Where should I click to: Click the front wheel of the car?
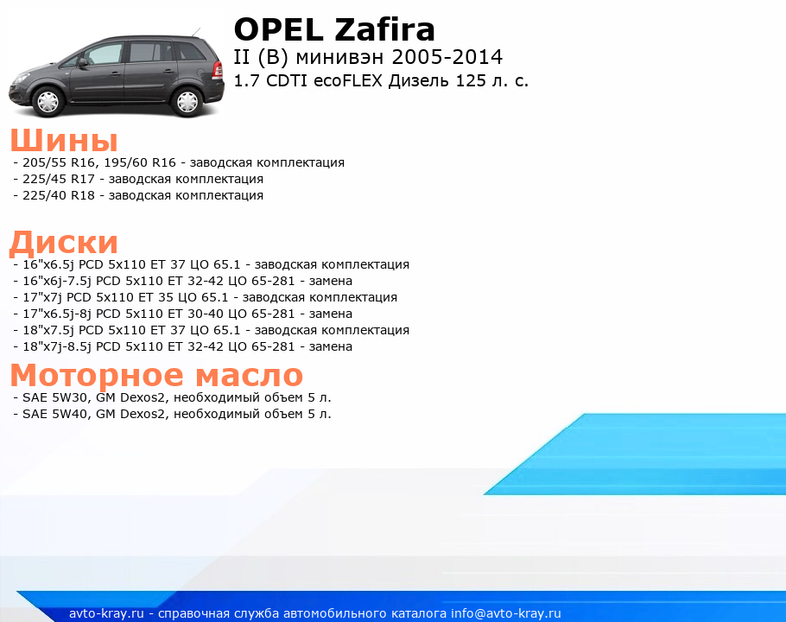[48, 102]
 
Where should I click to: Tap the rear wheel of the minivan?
[187, 102]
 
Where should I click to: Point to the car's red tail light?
[218, 69]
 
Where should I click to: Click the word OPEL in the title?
[279, 29]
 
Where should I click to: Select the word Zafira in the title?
[384, 29]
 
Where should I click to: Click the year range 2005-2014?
[447, 57]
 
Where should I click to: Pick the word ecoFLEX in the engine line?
[348, 80]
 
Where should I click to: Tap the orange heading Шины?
[64, 140]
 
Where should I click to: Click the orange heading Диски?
[64, 243]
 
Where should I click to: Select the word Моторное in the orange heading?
[98, 375]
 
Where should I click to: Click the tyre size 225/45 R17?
[59, 179]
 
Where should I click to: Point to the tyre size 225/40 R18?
[59, 195]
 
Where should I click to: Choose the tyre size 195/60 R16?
[140, 163]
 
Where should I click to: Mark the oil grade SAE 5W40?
[57, 414]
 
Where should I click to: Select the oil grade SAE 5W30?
[57, 397]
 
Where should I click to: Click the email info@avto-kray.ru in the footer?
[506, 613]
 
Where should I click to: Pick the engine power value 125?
[471, 80]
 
